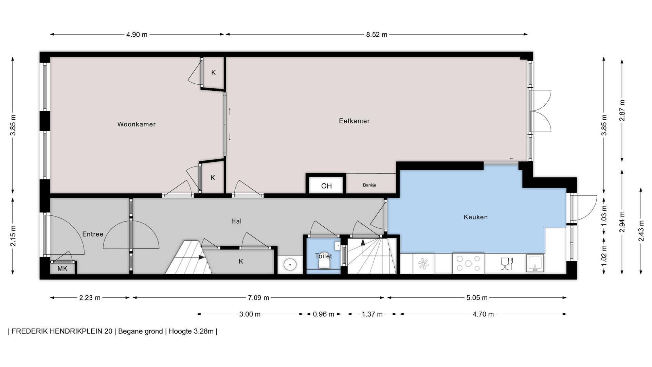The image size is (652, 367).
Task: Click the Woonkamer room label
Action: [137, 124]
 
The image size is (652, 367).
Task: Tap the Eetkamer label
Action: [354, 121]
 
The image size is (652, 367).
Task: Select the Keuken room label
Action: [476, 217]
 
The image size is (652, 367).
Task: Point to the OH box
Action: [326, 186]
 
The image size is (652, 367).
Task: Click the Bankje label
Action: [369, 185]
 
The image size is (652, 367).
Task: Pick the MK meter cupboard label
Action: [62, 269]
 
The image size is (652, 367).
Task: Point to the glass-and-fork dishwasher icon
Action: [507, 264]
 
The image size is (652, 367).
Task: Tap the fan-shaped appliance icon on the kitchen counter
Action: [423, 264]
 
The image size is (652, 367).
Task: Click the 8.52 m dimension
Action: [377, 34]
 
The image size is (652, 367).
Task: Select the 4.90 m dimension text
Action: [137, 34]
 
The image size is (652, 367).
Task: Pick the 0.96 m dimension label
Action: [323, 314]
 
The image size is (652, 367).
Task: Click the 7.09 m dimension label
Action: [258, 298]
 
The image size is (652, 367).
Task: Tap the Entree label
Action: [93, 234]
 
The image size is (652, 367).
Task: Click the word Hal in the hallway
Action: [236, 221]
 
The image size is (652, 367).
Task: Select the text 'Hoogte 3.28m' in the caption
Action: [191, 331]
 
